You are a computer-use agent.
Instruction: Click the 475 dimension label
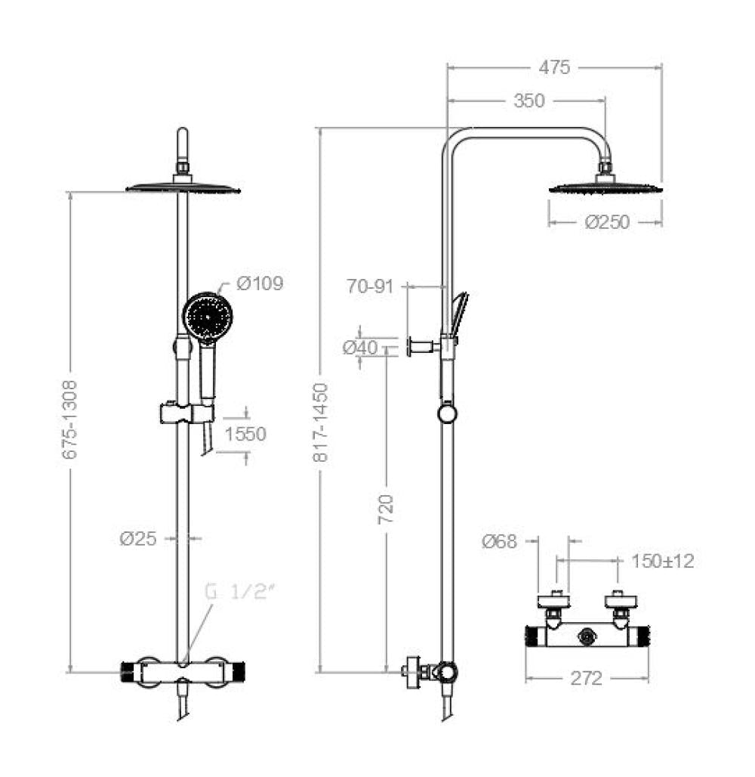[x=554, y=67]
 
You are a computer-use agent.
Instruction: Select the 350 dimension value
[x=528, y=101]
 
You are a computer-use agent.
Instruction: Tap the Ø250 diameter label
[x=607, y=222]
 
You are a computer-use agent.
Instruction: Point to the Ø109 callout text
[x=259, y=283]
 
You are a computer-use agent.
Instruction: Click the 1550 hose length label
[x=245, y=434]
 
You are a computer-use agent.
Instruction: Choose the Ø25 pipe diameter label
[x=138, y=538]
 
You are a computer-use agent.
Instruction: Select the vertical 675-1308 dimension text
[x=69, y=419]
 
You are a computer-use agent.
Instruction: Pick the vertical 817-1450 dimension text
[x=321, y=423]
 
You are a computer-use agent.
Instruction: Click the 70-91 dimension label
[x=370, y=286]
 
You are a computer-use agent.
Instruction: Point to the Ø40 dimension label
[x=359, y=348]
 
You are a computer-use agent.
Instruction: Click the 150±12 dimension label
[x=663, y=561]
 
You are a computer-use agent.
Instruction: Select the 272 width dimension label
[x=587, y=678]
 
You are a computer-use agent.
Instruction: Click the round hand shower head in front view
[x=208, y=316]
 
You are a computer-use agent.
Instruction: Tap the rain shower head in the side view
[x=606, y=187]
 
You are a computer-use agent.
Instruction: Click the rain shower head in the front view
[x=183, y=187]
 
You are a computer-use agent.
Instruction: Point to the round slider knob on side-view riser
[x=448, y=413]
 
